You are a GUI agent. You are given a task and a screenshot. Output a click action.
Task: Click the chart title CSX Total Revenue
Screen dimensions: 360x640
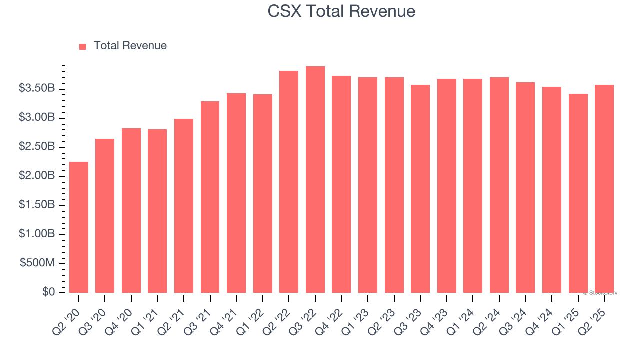coord(341,11)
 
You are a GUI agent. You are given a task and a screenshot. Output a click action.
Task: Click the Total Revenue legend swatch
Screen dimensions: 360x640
coord(83,46)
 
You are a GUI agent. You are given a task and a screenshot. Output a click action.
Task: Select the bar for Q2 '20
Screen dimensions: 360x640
coord(79,227)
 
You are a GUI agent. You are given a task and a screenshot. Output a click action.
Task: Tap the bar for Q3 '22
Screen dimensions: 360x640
coord(315,180)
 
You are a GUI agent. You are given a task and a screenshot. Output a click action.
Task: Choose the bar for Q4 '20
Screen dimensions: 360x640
coord(131,210)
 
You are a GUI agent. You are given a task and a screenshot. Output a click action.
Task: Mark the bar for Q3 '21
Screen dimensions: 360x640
coord(210,197)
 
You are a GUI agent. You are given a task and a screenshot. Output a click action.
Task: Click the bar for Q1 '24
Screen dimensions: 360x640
coord(473,186)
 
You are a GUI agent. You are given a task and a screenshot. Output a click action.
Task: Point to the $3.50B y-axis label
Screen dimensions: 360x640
coord(37,88)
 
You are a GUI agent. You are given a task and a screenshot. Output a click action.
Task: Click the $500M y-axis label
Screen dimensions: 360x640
coord(37,263)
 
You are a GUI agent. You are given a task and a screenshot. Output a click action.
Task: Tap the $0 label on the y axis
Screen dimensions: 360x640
coord(48,292)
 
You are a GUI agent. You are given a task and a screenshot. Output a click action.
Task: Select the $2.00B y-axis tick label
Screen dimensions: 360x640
coord(37,176)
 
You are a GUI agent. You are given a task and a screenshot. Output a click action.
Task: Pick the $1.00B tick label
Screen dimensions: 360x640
coord(37,234)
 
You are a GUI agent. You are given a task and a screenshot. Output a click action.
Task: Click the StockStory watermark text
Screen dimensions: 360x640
coord(600,293)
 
